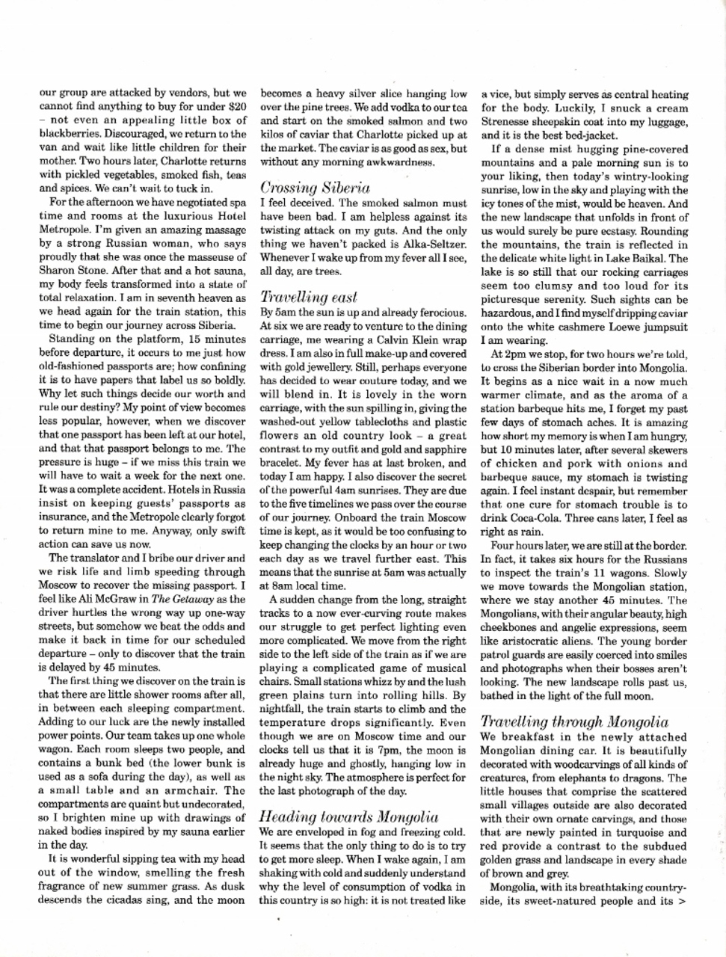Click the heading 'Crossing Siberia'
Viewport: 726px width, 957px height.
pos(315,187)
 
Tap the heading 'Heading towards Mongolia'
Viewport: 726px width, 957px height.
pos(348,816)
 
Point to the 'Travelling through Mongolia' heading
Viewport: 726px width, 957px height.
pos(574,722)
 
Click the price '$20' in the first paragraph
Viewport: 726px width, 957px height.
pos(236,108)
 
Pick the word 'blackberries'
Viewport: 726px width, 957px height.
pos(67,135)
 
